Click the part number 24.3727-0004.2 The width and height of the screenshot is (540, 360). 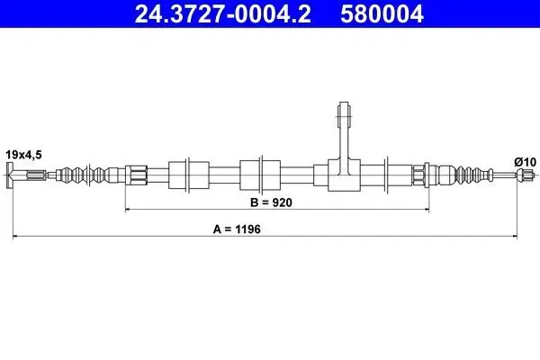[x=222, y=13]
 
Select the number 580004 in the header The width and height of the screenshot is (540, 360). [x=382, y=13]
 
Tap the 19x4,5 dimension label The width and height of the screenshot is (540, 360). [x=23, y=155]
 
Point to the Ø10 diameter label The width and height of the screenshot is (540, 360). [x=526, y=162]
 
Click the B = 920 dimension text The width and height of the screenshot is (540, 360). [x=271, y=202]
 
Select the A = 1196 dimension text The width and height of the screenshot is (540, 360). [x=237, y=229]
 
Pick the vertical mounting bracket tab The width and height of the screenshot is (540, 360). [x=344, y=138]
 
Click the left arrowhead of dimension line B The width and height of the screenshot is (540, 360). [x=127, y=209]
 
